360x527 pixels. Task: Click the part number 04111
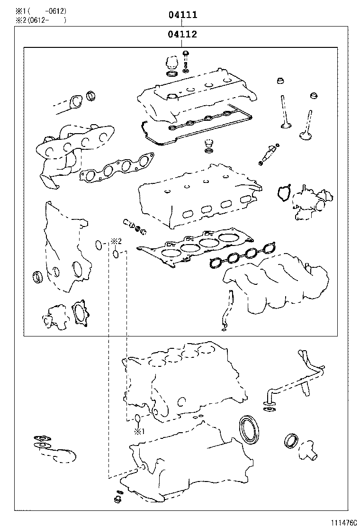click(182, 15)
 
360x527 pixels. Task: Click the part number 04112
click(182, 34)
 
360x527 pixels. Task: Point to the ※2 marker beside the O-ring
click(117, 241)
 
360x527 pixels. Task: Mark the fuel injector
click(268, 154)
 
